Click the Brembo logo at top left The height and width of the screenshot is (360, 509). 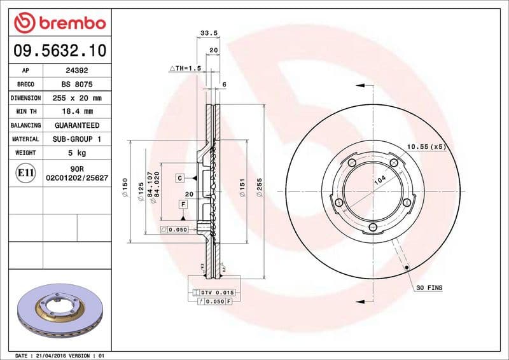tap(59, 24)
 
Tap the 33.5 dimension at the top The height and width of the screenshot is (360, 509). tap(205, 33)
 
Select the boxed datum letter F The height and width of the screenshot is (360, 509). tap(183, 204)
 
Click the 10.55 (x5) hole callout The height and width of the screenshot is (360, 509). tap(426, 147)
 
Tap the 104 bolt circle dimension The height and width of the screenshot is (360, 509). tap(380, 180)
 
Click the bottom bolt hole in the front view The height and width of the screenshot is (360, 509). tap(373, 226)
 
